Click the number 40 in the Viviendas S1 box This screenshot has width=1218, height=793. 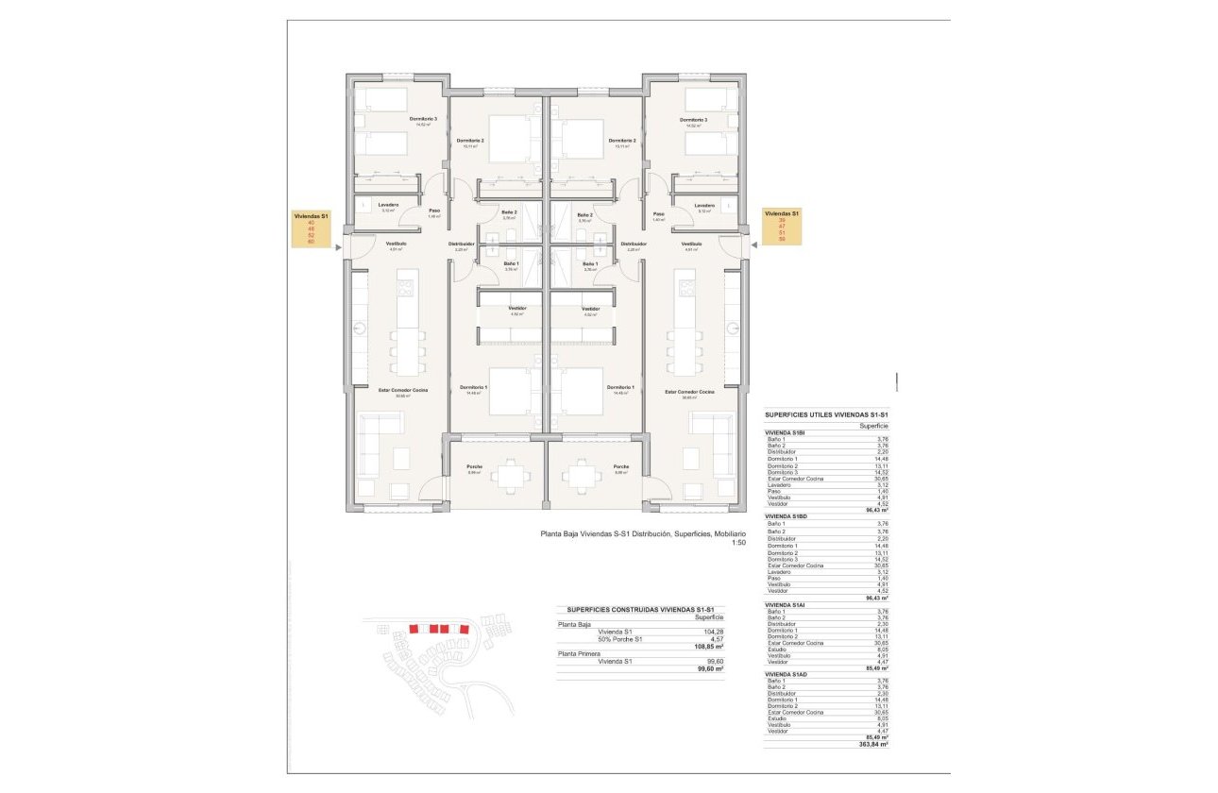(x=311, y=223)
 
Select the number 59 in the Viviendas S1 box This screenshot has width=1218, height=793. (x=782, y=240)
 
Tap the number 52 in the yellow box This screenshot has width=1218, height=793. (x=311, y=235)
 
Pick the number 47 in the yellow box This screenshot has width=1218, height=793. (x=782, y=227)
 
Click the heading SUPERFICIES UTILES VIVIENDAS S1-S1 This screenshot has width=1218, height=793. (x=826, y=414)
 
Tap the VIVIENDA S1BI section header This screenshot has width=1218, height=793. (x=785, y=431)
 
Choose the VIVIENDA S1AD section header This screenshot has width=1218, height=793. (x=786, y=673)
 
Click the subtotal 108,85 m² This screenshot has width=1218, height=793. (x=708, y=647)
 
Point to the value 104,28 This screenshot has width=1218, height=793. (x=714, y=632)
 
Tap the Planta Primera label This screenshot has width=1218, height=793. (x=579, y=653)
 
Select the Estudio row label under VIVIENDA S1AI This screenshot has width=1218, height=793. (x=778, y=650)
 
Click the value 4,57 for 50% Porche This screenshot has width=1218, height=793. (x=717, y=639)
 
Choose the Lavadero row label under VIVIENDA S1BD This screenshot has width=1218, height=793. (x=780, y=572)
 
